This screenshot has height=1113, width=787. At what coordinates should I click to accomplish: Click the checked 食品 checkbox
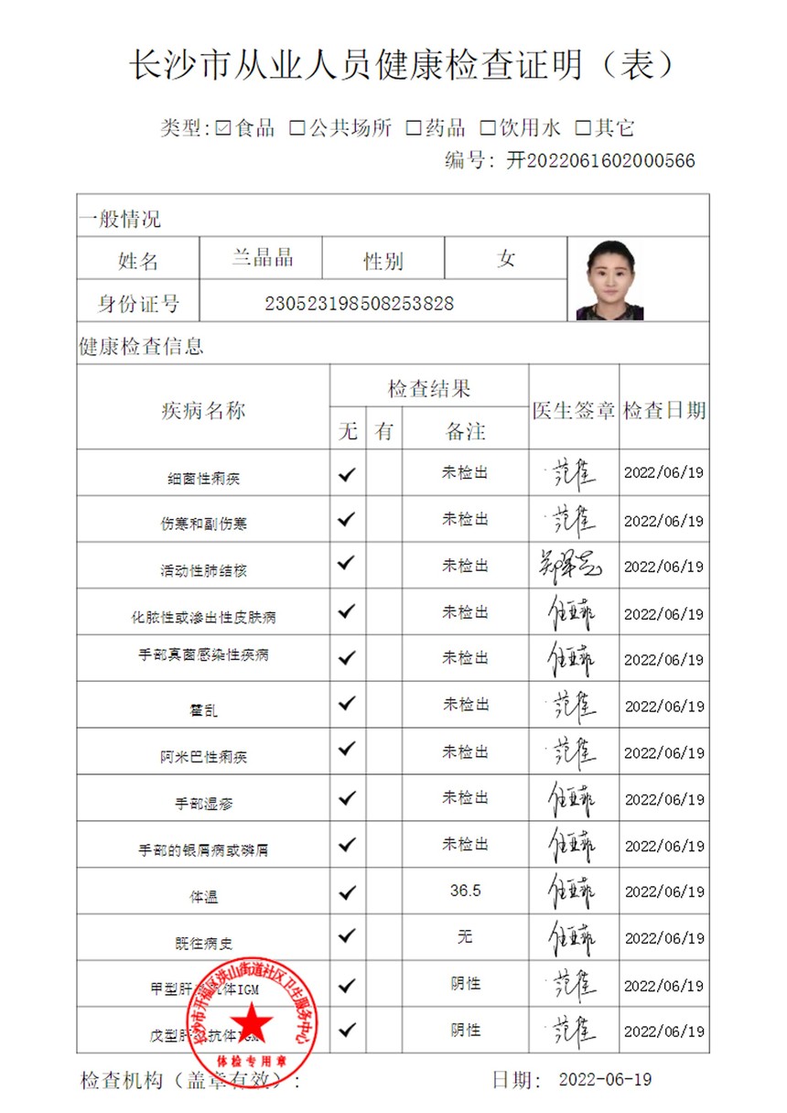223,128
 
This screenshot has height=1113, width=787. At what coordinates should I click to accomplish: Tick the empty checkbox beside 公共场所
296,128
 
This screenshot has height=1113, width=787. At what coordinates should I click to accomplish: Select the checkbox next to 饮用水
489,128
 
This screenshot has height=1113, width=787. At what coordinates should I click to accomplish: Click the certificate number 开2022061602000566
600,161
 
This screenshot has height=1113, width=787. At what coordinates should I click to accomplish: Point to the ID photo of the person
609,280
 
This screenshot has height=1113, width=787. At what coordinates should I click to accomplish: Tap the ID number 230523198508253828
359,303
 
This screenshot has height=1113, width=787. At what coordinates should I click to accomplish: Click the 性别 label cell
383,262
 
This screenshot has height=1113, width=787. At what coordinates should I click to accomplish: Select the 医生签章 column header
574,411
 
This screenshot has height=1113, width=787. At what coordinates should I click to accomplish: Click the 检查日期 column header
664,411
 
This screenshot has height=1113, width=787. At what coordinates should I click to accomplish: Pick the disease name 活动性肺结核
203,570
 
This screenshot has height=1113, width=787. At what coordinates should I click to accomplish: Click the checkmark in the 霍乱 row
347,703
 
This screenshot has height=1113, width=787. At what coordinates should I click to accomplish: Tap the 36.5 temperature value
465,891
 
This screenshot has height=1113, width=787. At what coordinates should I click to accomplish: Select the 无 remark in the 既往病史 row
465,936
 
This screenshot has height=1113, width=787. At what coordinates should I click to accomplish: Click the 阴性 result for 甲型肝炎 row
465,984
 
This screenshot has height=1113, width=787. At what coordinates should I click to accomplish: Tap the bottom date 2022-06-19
605,1080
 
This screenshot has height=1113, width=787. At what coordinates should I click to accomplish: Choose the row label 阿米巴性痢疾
203,757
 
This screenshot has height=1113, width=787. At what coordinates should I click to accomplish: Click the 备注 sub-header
465,431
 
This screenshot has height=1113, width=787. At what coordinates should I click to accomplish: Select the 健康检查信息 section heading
141,347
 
